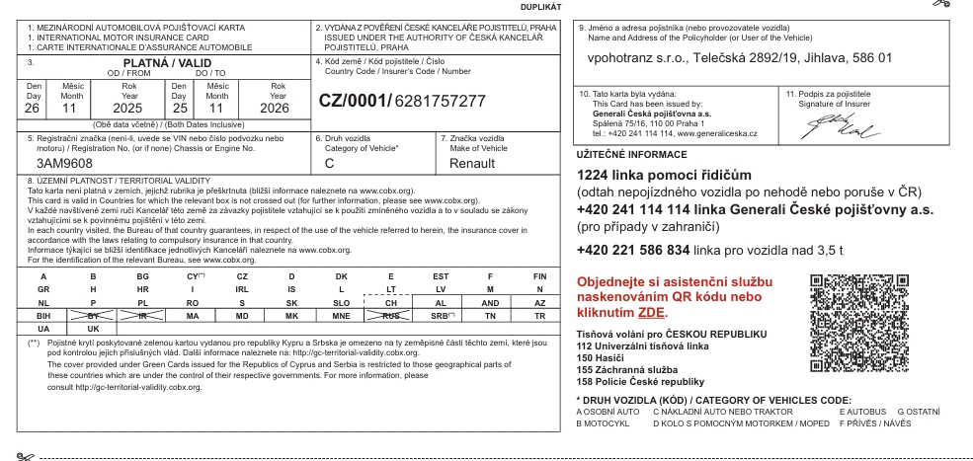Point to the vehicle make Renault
[x=471, y=163]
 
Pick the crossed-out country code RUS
[x=392, y=316]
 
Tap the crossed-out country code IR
[x=142, y=316]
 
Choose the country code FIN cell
[x=539, y=276]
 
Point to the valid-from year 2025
[x=101, y=107]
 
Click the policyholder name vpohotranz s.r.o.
[x=633, y=58]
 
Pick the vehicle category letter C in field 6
[x=329, y=163]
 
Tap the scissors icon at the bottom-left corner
[x=24, y=456]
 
